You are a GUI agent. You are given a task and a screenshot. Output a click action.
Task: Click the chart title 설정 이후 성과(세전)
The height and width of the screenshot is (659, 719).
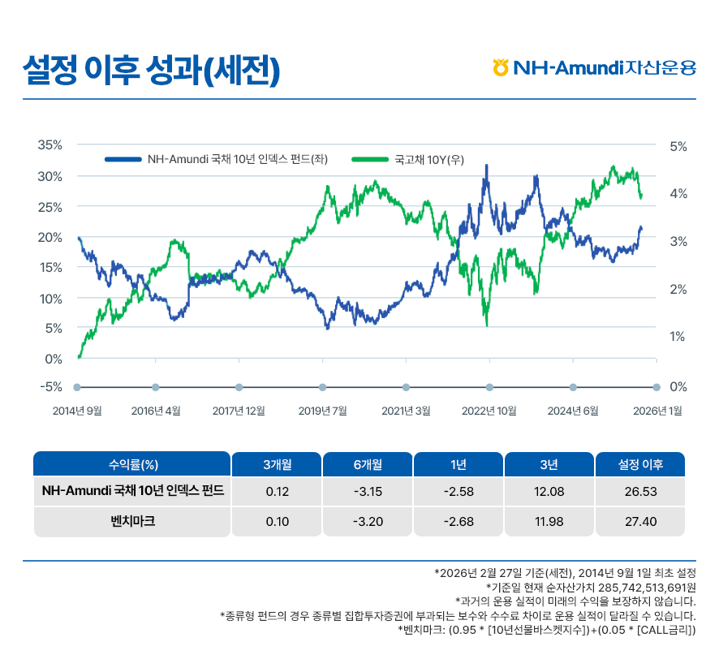[x=152, y=70]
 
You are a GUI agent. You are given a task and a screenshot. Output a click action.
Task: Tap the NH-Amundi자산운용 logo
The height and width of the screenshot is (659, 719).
[x=594, y=67]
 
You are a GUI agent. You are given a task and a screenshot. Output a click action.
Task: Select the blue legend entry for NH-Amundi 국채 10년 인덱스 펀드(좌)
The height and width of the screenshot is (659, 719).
[x=215, y=160]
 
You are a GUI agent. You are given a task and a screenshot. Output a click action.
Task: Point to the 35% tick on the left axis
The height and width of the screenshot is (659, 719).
[x=50, y=145]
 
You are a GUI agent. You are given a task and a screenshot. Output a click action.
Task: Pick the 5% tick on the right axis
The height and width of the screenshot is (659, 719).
[x=678, y=146]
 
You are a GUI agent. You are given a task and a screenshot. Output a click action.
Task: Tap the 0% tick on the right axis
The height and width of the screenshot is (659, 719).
[x=678, y=387]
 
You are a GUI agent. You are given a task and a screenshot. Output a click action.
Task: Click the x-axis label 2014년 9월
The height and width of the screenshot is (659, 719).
[x=77, y=411]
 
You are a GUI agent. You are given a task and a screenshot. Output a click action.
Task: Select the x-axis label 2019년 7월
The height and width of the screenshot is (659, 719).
[x=322, y=411]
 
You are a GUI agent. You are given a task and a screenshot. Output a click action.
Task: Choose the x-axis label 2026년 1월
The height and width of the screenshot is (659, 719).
[x=657, y=411]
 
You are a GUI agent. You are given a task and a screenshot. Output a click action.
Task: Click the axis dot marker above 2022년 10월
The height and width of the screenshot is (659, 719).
[x=489, y=387]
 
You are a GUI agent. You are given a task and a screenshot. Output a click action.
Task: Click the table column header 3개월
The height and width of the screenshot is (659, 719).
[x=277, y=465]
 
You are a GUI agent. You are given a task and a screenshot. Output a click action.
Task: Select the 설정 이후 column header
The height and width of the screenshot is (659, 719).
[x=640, y=465]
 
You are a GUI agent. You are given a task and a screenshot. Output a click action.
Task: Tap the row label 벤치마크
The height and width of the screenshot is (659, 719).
[x=132, y=521]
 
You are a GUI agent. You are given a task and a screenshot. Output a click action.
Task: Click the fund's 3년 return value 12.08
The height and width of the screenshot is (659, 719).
[x=549, y=492]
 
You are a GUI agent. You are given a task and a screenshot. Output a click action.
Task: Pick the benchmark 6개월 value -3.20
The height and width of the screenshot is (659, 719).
[x=368, y=521]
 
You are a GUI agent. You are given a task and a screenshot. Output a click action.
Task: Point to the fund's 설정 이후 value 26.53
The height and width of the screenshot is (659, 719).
[x=640, y=492]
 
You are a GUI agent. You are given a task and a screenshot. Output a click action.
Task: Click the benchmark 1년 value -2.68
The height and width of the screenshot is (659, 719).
[x=459, y=521]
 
